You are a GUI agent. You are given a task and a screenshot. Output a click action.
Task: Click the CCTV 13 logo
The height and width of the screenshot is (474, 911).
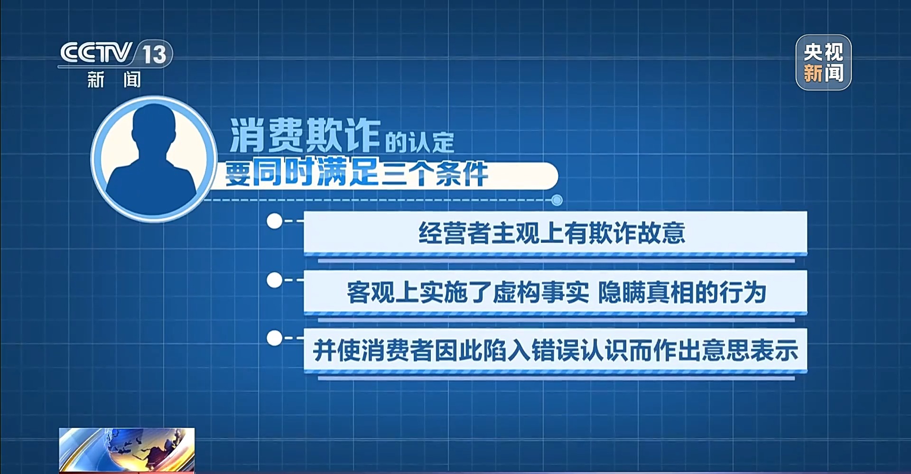pos(116,65)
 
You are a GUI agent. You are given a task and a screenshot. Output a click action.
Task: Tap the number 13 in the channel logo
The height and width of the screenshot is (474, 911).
pos(154,54)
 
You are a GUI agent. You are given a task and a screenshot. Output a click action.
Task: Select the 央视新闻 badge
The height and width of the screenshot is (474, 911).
pos(823,62)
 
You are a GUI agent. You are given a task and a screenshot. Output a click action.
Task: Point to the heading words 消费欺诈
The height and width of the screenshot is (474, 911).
pos(305,135)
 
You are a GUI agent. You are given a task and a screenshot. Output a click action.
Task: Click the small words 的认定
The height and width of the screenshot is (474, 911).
pos(419,142)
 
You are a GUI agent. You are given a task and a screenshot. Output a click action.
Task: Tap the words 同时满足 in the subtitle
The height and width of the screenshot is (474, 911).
pos(316,172)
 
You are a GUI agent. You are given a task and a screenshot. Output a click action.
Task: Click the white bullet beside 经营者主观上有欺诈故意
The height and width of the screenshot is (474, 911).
pos(274,221)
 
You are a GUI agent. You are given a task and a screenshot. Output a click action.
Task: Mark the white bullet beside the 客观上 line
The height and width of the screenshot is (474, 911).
pos(274,280)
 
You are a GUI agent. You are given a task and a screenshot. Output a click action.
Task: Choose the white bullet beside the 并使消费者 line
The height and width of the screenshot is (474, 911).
pos(274,338)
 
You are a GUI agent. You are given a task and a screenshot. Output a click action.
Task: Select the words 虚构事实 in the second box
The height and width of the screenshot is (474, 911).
pos(540,292)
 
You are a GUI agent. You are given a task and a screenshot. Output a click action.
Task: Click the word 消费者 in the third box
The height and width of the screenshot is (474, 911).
pos(398,351)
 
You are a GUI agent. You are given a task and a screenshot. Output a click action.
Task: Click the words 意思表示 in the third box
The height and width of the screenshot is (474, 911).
pos(750,351)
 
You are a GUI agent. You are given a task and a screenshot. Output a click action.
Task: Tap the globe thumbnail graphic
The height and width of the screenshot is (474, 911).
pos(127,450)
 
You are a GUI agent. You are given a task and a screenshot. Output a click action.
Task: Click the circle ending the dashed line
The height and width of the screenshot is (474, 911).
pos(557,200)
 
